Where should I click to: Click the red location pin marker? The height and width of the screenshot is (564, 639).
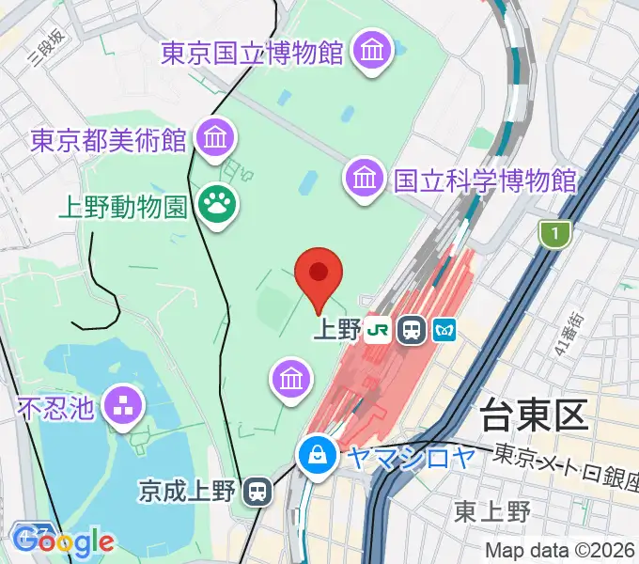click(x=319, y=274)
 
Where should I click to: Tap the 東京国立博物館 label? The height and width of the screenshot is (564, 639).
click(x=252, y=53)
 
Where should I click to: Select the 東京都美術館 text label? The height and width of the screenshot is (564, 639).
click(x=108, y=141)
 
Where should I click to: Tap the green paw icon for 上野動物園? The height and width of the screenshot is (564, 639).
click(x=217, y=203)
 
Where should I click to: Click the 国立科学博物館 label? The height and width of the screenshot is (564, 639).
click(x=485, y=178)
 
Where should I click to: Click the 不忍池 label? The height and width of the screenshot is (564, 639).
click(x=56, y=407)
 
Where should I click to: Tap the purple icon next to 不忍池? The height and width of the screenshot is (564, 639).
click(x=124, y=407)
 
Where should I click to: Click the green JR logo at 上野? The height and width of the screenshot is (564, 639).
click(x=379, y=330)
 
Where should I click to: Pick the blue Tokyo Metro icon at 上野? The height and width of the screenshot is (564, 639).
click(x=444, y=330)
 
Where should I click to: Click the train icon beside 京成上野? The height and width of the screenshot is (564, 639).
click(x=256, y=490)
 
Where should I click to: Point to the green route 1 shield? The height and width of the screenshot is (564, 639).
click(x=557, y=232)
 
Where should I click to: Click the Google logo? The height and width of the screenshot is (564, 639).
click(x=63, y=541)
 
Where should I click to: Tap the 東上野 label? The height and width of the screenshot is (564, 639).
click(x=492, y=510)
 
